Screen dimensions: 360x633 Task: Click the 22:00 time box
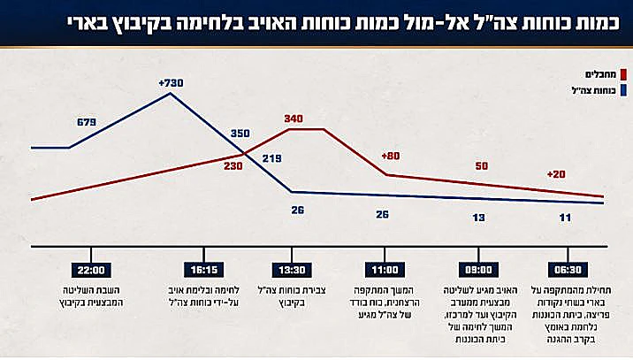click(x=92, y=271)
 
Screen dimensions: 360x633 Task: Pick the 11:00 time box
click(x=385, y=271)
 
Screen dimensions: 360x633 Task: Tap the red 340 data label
click(x=294, y=119)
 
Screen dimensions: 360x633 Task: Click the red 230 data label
click(x=233, y=165)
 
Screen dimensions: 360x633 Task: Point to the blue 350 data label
click(x=240, y=134)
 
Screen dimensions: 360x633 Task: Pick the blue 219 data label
click(x=271, y=159)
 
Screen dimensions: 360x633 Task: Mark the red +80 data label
click(x=391, y=157)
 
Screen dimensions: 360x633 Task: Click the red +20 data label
click(x=555, y=174)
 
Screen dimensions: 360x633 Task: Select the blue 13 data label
click(x=478, y=217)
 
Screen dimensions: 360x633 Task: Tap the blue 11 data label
click(x=566, y=217)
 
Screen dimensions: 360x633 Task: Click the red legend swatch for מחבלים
click(x=624, y=74)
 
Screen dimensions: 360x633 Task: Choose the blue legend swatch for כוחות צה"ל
click(x=624, y=90)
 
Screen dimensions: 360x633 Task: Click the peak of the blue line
click(x=171, y=94)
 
